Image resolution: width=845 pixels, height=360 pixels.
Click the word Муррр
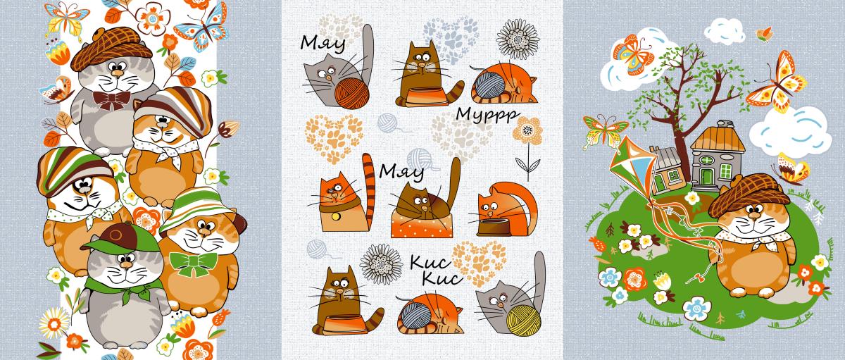click(x=487, y=114)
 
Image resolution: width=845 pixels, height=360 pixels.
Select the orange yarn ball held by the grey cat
click(x=352, y=93)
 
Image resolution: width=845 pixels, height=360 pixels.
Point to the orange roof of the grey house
click(x=718, y=139)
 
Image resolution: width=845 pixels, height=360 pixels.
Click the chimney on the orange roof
click(x=725, y=124)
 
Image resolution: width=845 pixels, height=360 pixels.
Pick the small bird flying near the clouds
click(x=765, y=35)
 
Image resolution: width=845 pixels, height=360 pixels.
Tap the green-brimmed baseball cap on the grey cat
click(x=120, y=239)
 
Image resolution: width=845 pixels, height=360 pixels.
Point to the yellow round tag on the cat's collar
click(x=334, y=216)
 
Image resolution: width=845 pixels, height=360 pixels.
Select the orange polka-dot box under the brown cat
click(x=422, y=225)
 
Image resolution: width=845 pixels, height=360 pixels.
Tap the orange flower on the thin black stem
click(x=527, y=131)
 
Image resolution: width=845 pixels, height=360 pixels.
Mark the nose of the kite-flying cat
click(x=754, y=216)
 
